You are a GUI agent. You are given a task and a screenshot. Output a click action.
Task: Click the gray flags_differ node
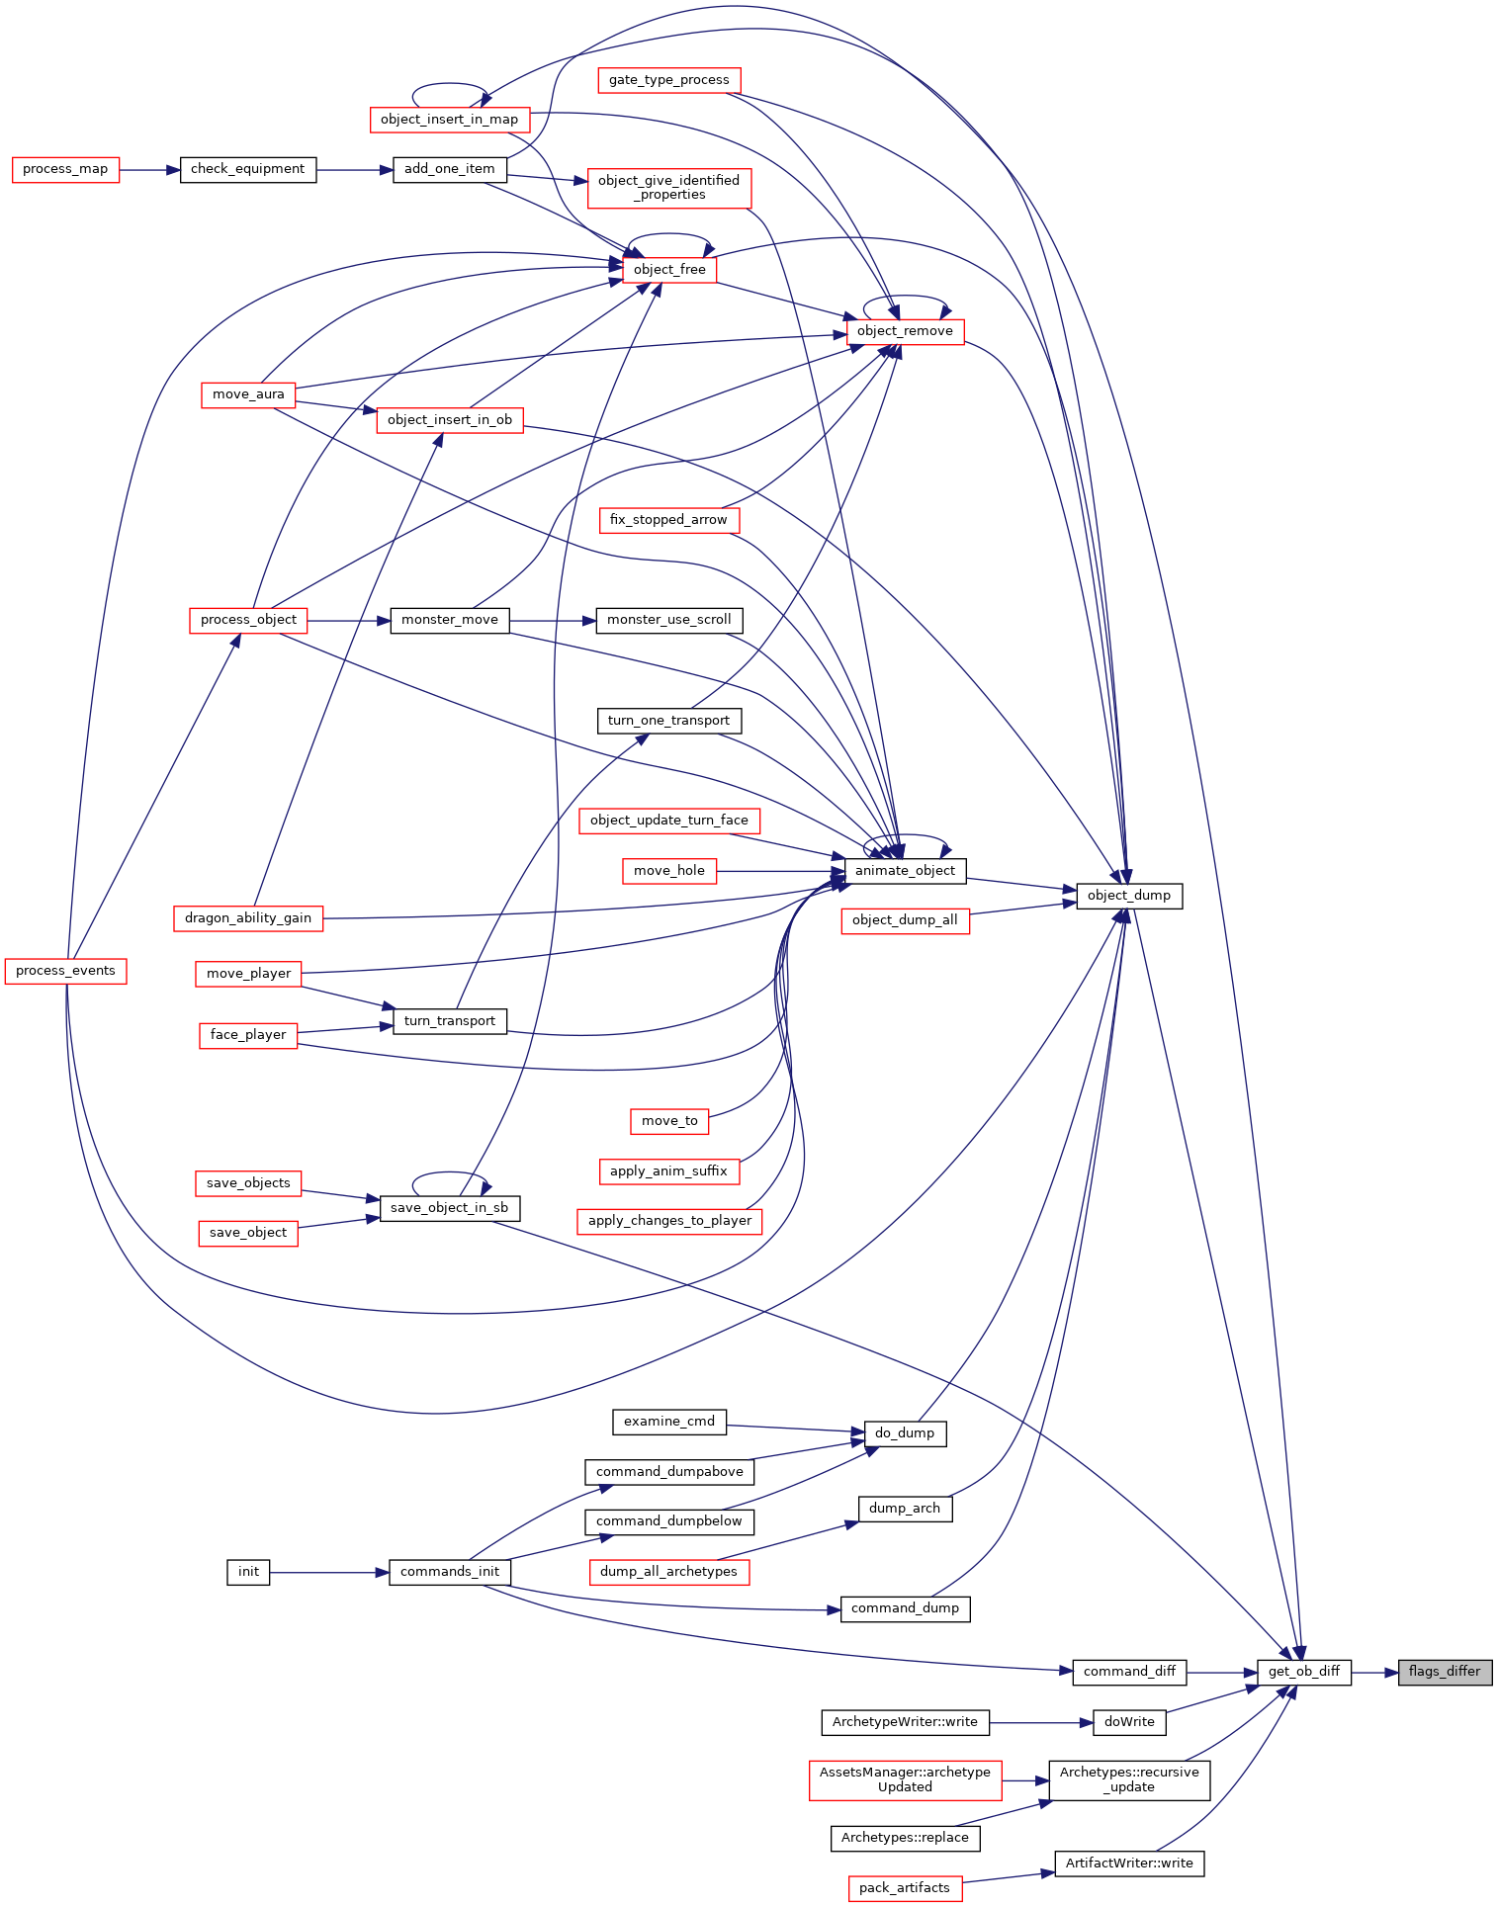[x=1445, y=1672]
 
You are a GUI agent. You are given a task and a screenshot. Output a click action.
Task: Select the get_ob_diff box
[x=1304, y=1672]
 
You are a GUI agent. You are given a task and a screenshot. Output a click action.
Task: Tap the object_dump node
[x=1129, y=896]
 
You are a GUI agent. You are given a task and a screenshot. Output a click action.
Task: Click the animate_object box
[x=905, y=871]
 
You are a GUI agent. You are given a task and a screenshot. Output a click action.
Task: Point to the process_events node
[x=66, y=971]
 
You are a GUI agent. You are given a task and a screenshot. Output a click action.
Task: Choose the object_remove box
[x=905, y=331]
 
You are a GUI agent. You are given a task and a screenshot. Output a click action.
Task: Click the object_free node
[x=669, y=270]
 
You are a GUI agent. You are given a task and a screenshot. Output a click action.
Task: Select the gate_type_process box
[x=669, y=80]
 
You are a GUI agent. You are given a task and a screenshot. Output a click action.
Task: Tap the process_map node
[x=65, y=169]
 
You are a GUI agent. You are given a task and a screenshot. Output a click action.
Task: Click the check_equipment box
[x=248, y=169]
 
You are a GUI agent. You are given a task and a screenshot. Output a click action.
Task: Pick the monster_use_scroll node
[x=669, y=620]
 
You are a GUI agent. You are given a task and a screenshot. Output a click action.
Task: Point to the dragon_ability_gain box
[x=248, y=918]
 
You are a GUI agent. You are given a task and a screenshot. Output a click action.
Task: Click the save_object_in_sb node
[x=450, y=1208]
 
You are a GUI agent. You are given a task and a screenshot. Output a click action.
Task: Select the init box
[x=248, y=1572]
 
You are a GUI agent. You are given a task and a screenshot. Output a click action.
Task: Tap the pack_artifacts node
[x=905, y=1888]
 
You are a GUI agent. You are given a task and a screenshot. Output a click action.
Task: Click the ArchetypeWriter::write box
[x=905, y=1722]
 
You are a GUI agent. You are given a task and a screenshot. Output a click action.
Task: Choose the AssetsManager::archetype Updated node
[x=905, y=1779]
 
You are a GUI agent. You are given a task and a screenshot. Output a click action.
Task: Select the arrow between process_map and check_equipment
[x=149, y=169]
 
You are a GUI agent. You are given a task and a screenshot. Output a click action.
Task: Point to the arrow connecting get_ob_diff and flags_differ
[x=1374, y=1672]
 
